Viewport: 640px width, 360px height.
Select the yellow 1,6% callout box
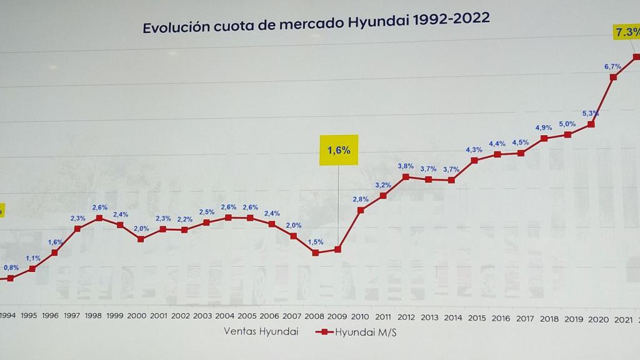tap(339, 150)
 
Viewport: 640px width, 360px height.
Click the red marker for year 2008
tap(316, 252)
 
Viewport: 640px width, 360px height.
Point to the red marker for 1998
tap(99, 217)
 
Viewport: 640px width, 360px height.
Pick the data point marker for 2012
tap(406, 177)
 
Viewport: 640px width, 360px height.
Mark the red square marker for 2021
tap(613, 77)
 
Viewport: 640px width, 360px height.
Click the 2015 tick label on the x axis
tap(476, 316)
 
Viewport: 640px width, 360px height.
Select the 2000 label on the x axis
tap(137, 316)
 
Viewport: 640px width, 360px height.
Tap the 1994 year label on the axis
tap(7, 316)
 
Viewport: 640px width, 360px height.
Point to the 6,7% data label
tap(612, 66)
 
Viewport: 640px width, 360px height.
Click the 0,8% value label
tap(11, 267)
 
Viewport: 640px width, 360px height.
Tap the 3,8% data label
tap(406, 166)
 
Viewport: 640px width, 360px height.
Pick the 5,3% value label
tap(591, 113)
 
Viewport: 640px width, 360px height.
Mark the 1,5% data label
tap(316, 242)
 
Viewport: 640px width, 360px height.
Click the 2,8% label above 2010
tap(361, 199)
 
